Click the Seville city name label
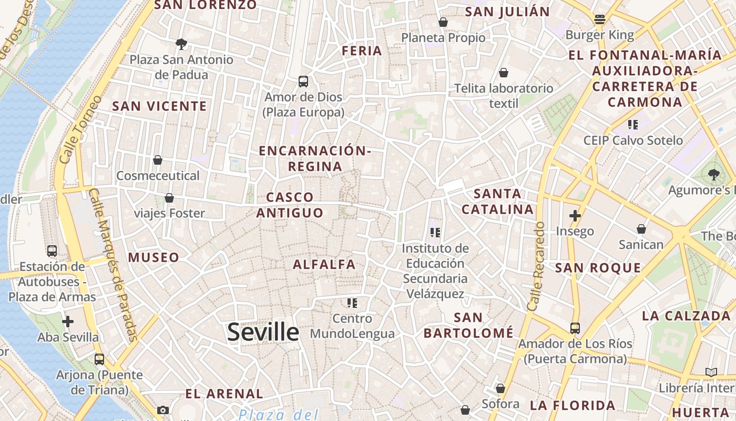click(x=263, y=332)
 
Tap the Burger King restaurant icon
click(x=600, y=20)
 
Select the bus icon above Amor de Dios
click(x=303, y=82)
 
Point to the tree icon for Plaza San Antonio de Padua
click(x=181, y=44)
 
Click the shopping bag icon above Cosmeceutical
click(x=158, y=160)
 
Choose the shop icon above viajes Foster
click(x=169, y=198)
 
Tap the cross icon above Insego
click(x=575, y=216)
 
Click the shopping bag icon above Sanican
click(x=641, y=229)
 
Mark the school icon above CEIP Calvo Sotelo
click(x=633, y=125)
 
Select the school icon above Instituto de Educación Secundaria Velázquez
click(x=435, y=232)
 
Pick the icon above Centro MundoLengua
click(x=352, y=303)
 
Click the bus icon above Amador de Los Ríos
click(x=575, y=328)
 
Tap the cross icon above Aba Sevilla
click(x=68, y=322)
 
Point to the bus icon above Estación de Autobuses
click(x=52, y=251)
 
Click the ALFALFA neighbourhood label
click(x=324, y=264)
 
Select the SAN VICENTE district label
click(x=160, y=106)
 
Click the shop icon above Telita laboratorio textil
click(x=504, y=73)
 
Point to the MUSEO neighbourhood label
click(x=154, y=257)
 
